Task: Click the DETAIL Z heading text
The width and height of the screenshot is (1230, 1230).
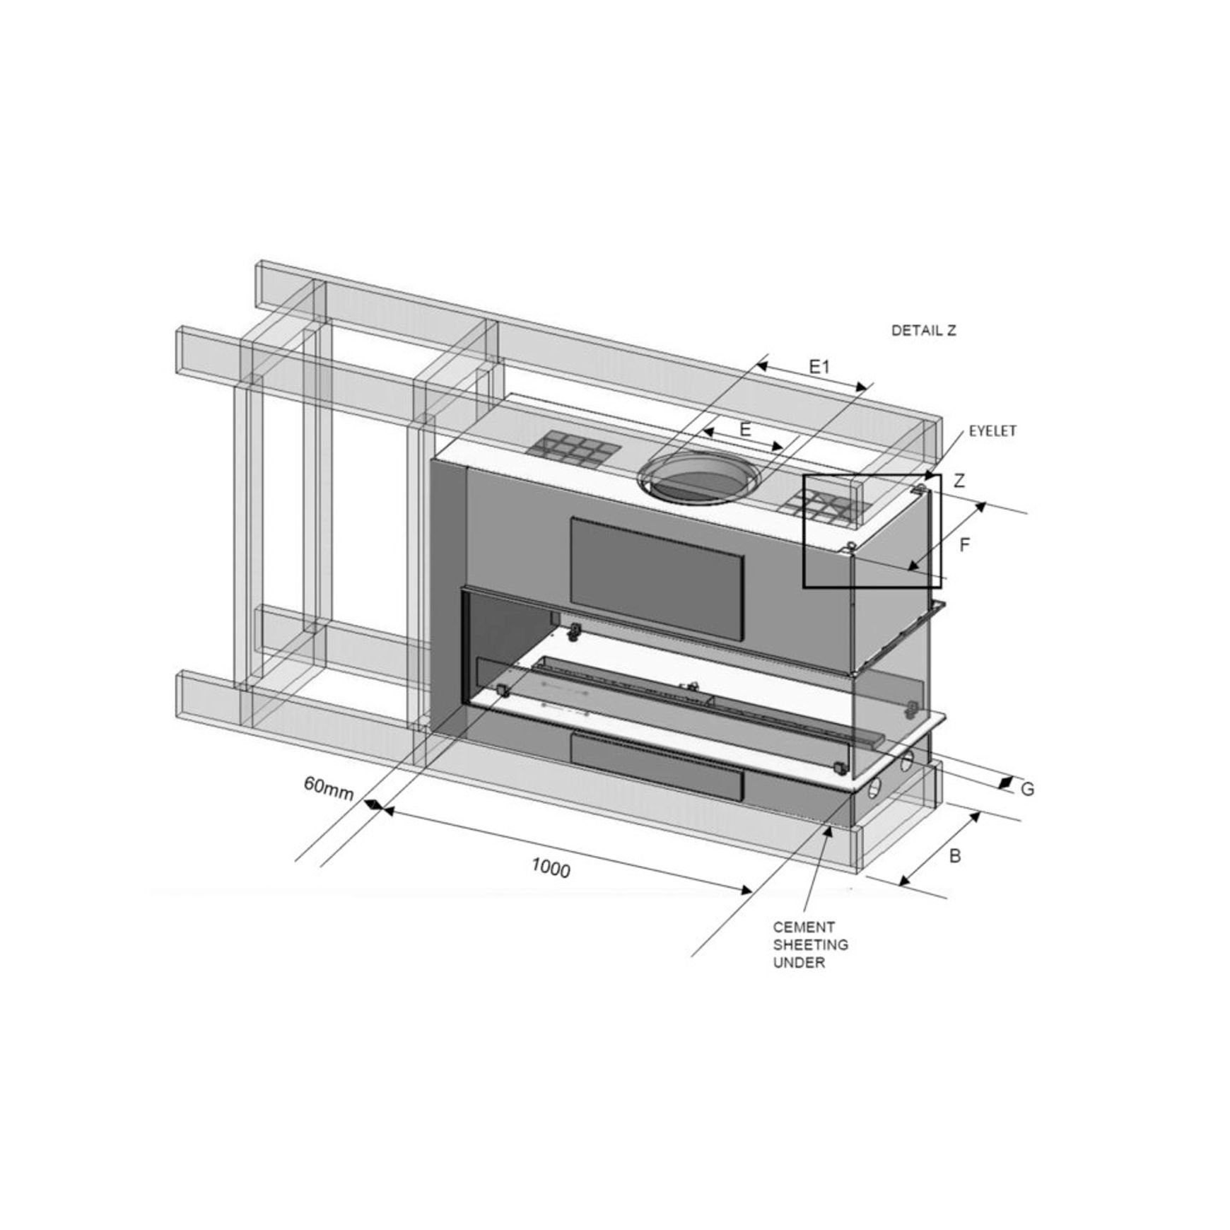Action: (923, 330)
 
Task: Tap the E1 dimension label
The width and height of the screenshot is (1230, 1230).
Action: (819, 366)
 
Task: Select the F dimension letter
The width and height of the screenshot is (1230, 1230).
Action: (964, 545)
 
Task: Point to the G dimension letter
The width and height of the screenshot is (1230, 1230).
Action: (1027, 790)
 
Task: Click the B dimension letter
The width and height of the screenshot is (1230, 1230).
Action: (955, 856)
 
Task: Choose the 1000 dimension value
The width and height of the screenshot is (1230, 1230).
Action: (551, 867)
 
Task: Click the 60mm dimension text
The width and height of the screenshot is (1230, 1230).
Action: (329, 787)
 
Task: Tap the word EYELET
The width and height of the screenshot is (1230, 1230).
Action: (992, 431)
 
